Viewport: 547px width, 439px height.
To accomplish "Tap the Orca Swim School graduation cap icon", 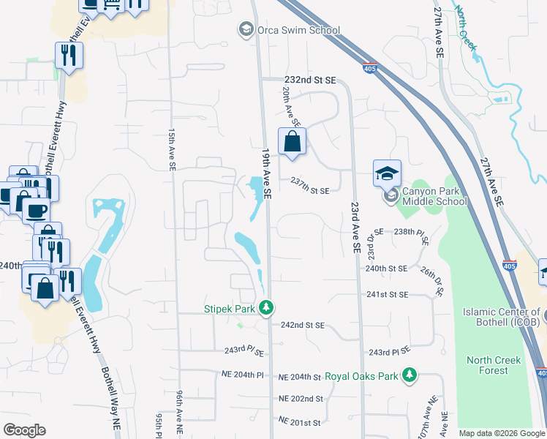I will coord(246,30).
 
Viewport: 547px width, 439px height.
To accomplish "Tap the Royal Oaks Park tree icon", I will coord(410,376).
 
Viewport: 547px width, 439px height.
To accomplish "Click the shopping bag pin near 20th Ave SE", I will coord(292,141).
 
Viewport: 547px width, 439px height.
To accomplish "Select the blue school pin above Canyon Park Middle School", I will coord(387,173).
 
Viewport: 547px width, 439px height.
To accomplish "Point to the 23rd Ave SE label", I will coord(355,228).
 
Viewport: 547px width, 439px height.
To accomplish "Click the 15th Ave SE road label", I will coord(172,150).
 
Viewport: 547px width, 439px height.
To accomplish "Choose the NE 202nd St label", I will coord(301,399).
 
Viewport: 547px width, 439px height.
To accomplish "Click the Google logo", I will coord(24,430).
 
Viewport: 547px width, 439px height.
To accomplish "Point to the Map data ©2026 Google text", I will coord(501,433).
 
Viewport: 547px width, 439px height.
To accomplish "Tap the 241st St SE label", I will coord(387,294).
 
